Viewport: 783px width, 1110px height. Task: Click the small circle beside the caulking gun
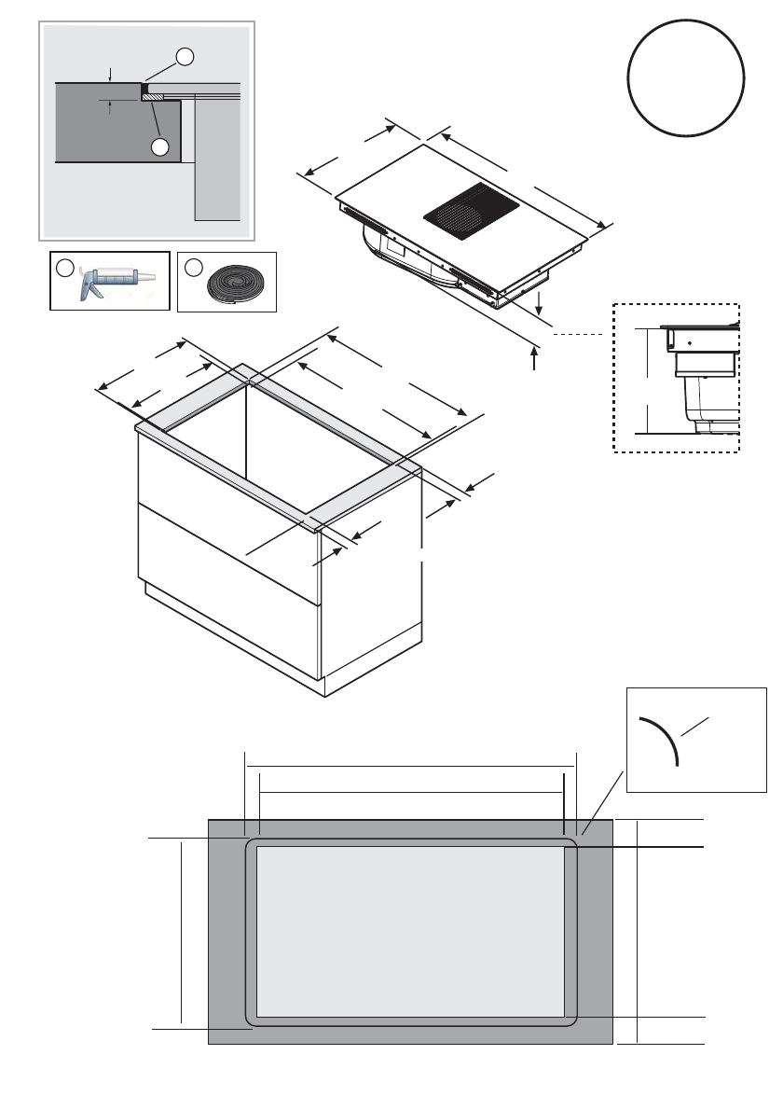click(x=63, y=269)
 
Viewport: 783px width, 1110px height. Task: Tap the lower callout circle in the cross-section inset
click(x=160, y=147)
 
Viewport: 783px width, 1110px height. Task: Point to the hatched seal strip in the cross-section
click(x=152, y=96)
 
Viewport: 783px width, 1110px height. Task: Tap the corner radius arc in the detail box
click(x=662, y=740)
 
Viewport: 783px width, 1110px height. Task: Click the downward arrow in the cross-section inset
click(x=110, y=74)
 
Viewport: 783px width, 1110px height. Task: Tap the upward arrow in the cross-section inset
click(x=110, y=107)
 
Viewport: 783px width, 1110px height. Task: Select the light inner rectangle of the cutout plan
click(x=410, y=930)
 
